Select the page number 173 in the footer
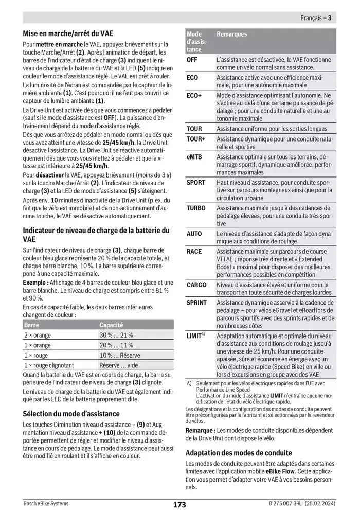[x=179, y=504]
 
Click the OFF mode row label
[x=192, y=60]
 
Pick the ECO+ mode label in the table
[x=194, y=96]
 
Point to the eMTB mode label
[x=193, y=157]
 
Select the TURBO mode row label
[x=195, y=208]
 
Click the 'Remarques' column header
[x=231, y=34]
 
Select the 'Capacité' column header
[x=111, y=325]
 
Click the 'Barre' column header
[x=31, y=325]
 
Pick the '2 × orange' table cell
[x=38, y=335]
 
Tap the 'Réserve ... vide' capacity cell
[x=119, y=365]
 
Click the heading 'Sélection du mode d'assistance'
[x=71, y=413]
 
